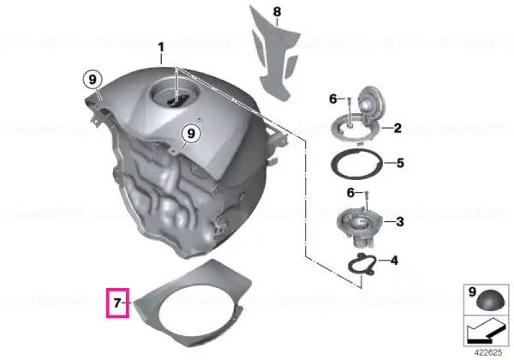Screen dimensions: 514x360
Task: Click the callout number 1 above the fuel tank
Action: coord(161,47)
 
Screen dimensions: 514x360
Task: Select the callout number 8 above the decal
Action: coord(277,12)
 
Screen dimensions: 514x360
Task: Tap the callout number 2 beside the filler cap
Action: coord(397,129)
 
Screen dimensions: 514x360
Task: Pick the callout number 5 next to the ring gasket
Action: coord(400,163)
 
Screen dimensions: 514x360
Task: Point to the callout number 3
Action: coord(400,222)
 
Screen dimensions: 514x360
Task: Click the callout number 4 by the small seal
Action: coord(394,261)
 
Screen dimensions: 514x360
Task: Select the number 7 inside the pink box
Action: coord(117,303)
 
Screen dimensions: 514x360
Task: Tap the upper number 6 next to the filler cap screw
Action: coord(333,99)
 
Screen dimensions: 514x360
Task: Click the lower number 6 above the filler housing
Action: coord(350,193)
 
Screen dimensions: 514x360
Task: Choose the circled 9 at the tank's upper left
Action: coord(93,80)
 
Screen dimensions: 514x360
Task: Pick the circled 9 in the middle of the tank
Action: coord(191,134)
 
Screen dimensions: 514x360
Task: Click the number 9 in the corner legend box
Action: coord(472,291)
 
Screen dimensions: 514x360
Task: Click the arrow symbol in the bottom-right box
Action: coord(486,332)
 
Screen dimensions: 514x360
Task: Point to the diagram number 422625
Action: coord(488,353)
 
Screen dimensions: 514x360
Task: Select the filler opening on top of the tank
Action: coord(175,96)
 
